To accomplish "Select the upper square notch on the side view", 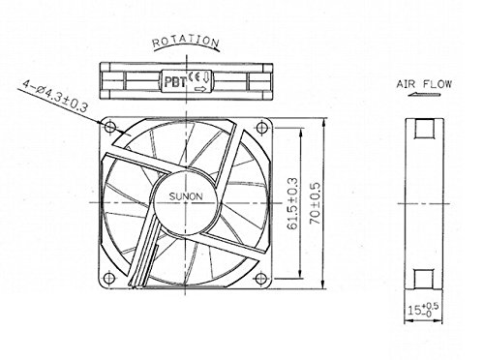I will (x=424, y=129).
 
